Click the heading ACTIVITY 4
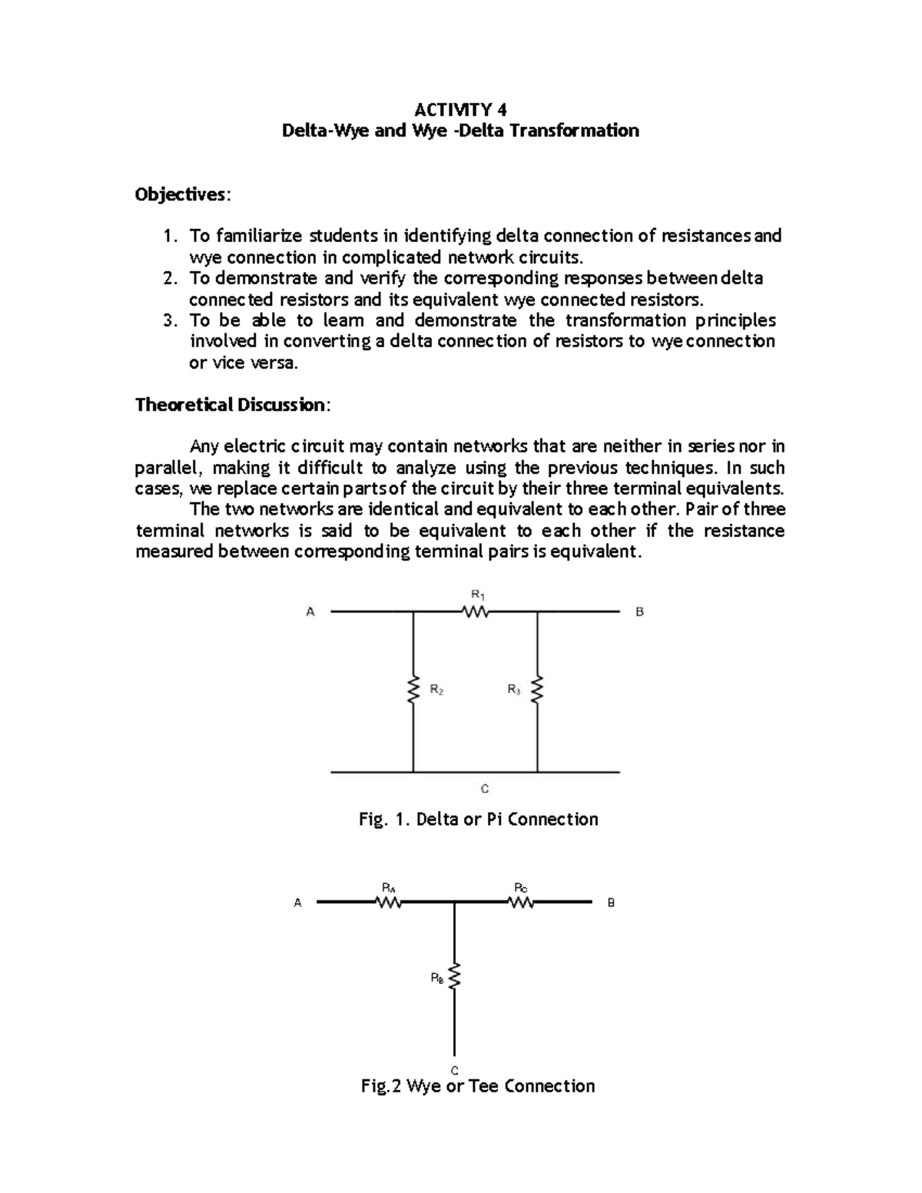[460, 108]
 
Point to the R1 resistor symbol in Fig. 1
[476, 612]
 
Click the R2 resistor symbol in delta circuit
[413, 690]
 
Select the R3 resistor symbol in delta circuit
[537, 689]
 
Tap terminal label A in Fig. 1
[310, 612]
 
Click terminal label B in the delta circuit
[639, 612]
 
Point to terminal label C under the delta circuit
[485, 789]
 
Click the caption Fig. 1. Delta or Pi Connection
[478, 819]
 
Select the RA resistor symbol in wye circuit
[390, 903]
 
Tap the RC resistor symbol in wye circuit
[520, 903]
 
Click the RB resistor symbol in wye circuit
[455, 978]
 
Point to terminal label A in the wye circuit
[298, 903]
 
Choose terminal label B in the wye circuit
[612, 903]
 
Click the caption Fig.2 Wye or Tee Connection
[478, 1085]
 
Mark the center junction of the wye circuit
[455, 903]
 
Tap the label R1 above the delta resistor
[476, 594]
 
